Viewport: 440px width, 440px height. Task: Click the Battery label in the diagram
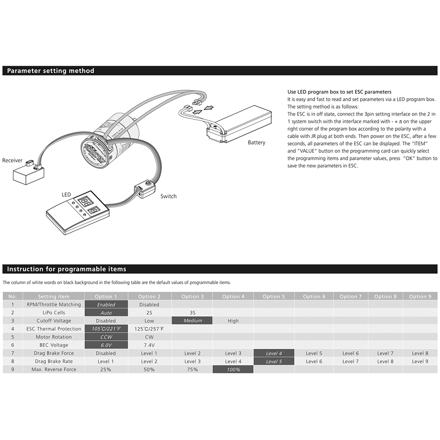pos(256,143)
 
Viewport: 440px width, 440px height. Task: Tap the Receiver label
pos(12,161)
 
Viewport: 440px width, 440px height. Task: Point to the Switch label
pos(169,196)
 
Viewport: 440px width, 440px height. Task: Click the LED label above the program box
pos(66,195)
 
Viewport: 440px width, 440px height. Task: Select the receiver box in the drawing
pos(29,171)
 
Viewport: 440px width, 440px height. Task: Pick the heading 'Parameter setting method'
pos(51,71)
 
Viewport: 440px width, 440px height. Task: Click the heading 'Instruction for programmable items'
pos(66,269)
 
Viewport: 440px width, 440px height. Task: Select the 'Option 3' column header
pos(192,296)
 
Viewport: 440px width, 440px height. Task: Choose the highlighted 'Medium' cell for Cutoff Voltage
pos(192,321)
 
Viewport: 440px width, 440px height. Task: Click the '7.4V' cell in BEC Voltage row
pos(149,345)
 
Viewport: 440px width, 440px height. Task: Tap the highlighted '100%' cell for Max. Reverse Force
pos(233,370)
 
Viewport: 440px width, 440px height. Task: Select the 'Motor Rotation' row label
pos(54,337)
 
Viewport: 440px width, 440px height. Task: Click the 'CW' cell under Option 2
pos(149,337)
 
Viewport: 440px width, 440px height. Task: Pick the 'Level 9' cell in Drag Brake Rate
pos(420,361)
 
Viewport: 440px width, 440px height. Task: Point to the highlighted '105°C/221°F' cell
pos(106,329)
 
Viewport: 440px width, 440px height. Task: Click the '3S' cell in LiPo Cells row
pos(192,312)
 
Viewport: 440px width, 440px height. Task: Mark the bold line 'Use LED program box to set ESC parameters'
pos(339,92)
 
